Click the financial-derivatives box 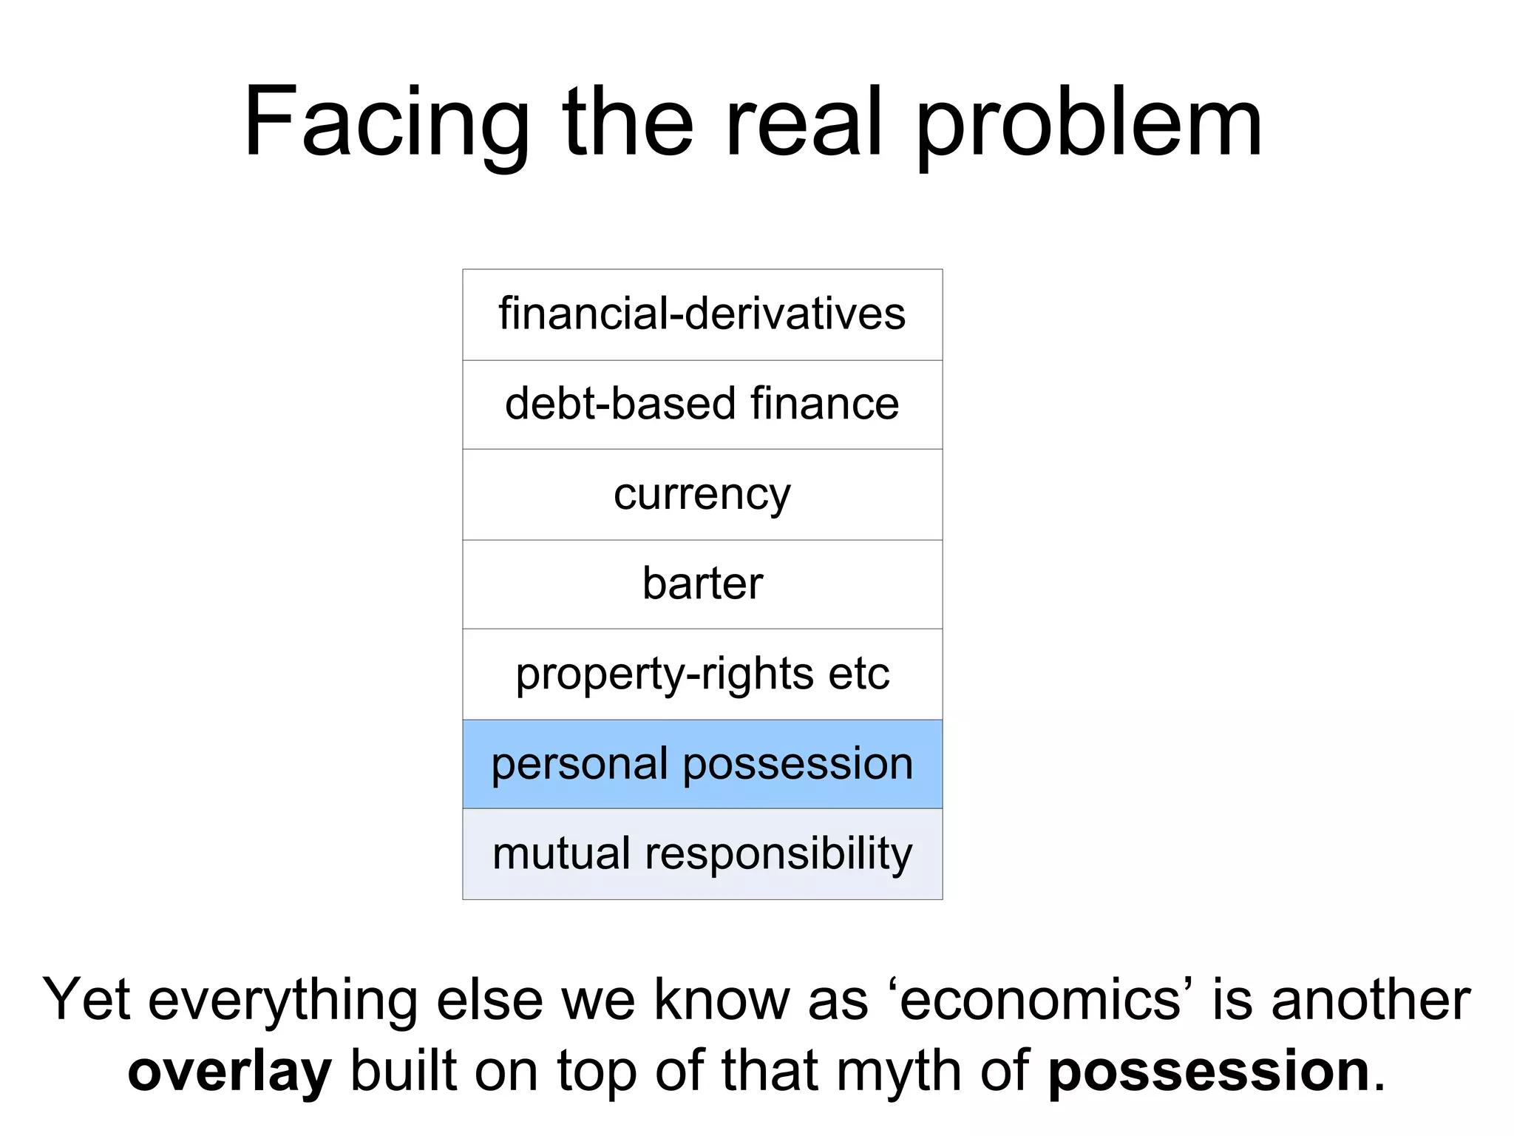point(702,314)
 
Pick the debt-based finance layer point(702,405)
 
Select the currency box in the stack point(702,494)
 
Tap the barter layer point(702,584)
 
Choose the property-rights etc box point(702,674)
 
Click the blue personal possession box point(702,764)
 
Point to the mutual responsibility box point(702,854)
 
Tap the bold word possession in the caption point(1209,1071)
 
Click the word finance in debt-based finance point(824,404)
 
